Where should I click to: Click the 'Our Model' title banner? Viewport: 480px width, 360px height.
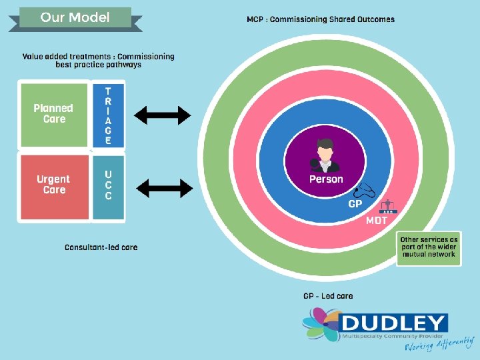75,17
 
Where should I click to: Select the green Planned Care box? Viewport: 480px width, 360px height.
54,113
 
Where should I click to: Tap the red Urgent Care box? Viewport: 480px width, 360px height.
53,185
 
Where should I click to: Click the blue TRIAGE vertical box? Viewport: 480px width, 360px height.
108,115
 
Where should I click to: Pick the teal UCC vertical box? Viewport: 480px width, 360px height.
108,186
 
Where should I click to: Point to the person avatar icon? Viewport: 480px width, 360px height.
325,155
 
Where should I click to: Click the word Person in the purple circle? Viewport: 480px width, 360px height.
326,179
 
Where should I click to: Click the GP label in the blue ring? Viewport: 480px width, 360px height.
355,204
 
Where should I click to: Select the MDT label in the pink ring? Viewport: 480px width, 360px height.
377,221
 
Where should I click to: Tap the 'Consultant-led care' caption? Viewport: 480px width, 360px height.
101,247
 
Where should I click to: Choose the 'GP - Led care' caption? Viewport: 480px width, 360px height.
328,296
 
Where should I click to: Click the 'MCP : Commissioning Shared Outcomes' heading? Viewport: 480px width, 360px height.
321,19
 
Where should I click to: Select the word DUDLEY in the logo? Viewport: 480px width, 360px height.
394,324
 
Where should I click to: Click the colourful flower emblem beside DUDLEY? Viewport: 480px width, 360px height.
321,328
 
